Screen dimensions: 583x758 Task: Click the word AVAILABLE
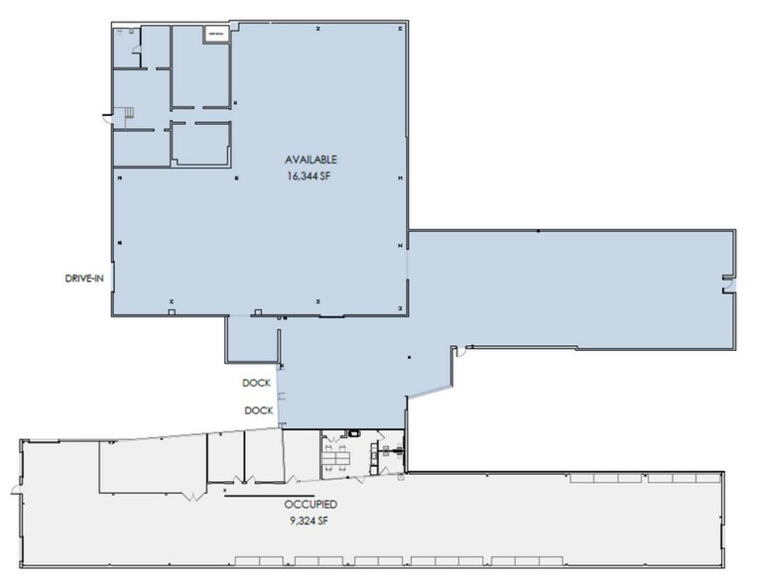312,159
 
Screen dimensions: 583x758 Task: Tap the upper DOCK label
257,384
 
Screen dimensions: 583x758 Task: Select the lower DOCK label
257,409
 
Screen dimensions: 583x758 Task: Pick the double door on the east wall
727,286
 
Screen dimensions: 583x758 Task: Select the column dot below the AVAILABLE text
237,179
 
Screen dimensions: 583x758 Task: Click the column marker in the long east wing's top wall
537,231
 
